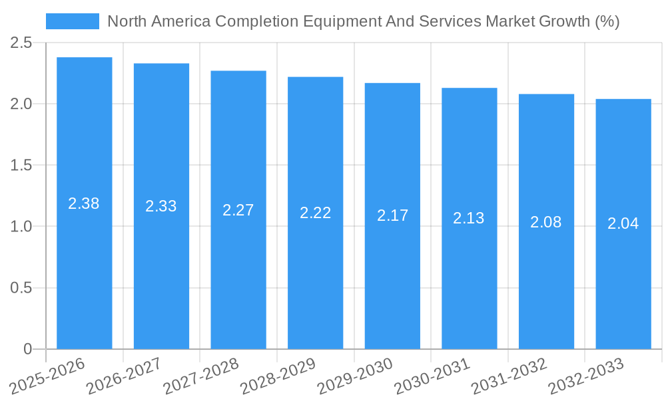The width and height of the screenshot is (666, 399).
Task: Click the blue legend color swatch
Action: point(72,21)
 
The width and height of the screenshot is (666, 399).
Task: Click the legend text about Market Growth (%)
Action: point(363,21)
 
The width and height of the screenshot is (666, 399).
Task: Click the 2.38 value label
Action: point(84,203)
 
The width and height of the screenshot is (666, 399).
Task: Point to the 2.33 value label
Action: point(161,206)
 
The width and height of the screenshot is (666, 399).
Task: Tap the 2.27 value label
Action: point(238,210)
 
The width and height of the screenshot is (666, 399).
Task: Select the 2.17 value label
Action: point(392,215)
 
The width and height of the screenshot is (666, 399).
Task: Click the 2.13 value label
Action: point(469,218)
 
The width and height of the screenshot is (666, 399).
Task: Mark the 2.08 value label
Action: point(546,222)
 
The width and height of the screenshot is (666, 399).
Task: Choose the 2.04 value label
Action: point(623,223)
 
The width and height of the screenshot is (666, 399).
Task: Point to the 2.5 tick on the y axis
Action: point(21,43)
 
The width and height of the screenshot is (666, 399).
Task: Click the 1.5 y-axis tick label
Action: point(21,165)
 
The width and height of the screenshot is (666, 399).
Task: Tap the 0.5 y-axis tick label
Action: point(21,288)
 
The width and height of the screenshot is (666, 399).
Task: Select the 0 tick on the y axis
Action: point(27,349)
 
